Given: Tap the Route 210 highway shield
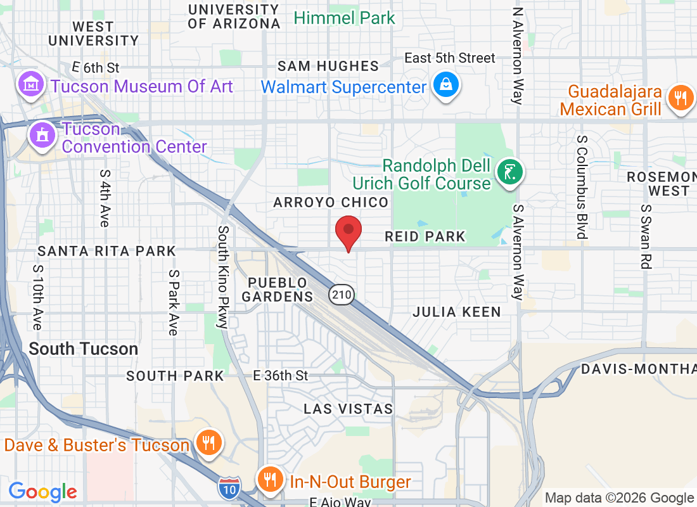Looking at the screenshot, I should coord(341,294).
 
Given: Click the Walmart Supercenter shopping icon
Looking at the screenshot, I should coord(446,86).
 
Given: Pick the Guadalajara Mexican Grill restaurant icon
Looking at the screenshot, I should coord(680,99).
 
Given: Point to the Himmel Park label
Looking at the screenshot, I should coord(344,18).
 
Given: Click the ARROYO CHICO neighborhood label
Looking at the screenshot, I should coord(330,202).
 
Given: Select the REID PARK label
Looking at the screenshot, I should coord(425,236).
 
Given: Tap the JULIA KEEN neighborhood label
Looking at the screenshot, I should coord(456,312).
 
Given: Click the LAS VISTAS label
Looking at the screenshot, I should coord(348,409).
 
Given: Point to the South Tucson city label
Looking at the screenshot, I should coord(83,349).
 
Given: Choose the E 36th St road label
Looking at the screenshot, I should coord(280,376).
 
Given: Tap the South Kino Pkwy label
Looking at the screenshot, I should coord(222,277).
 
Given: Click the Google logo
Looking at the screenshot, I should coord(42,491).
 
